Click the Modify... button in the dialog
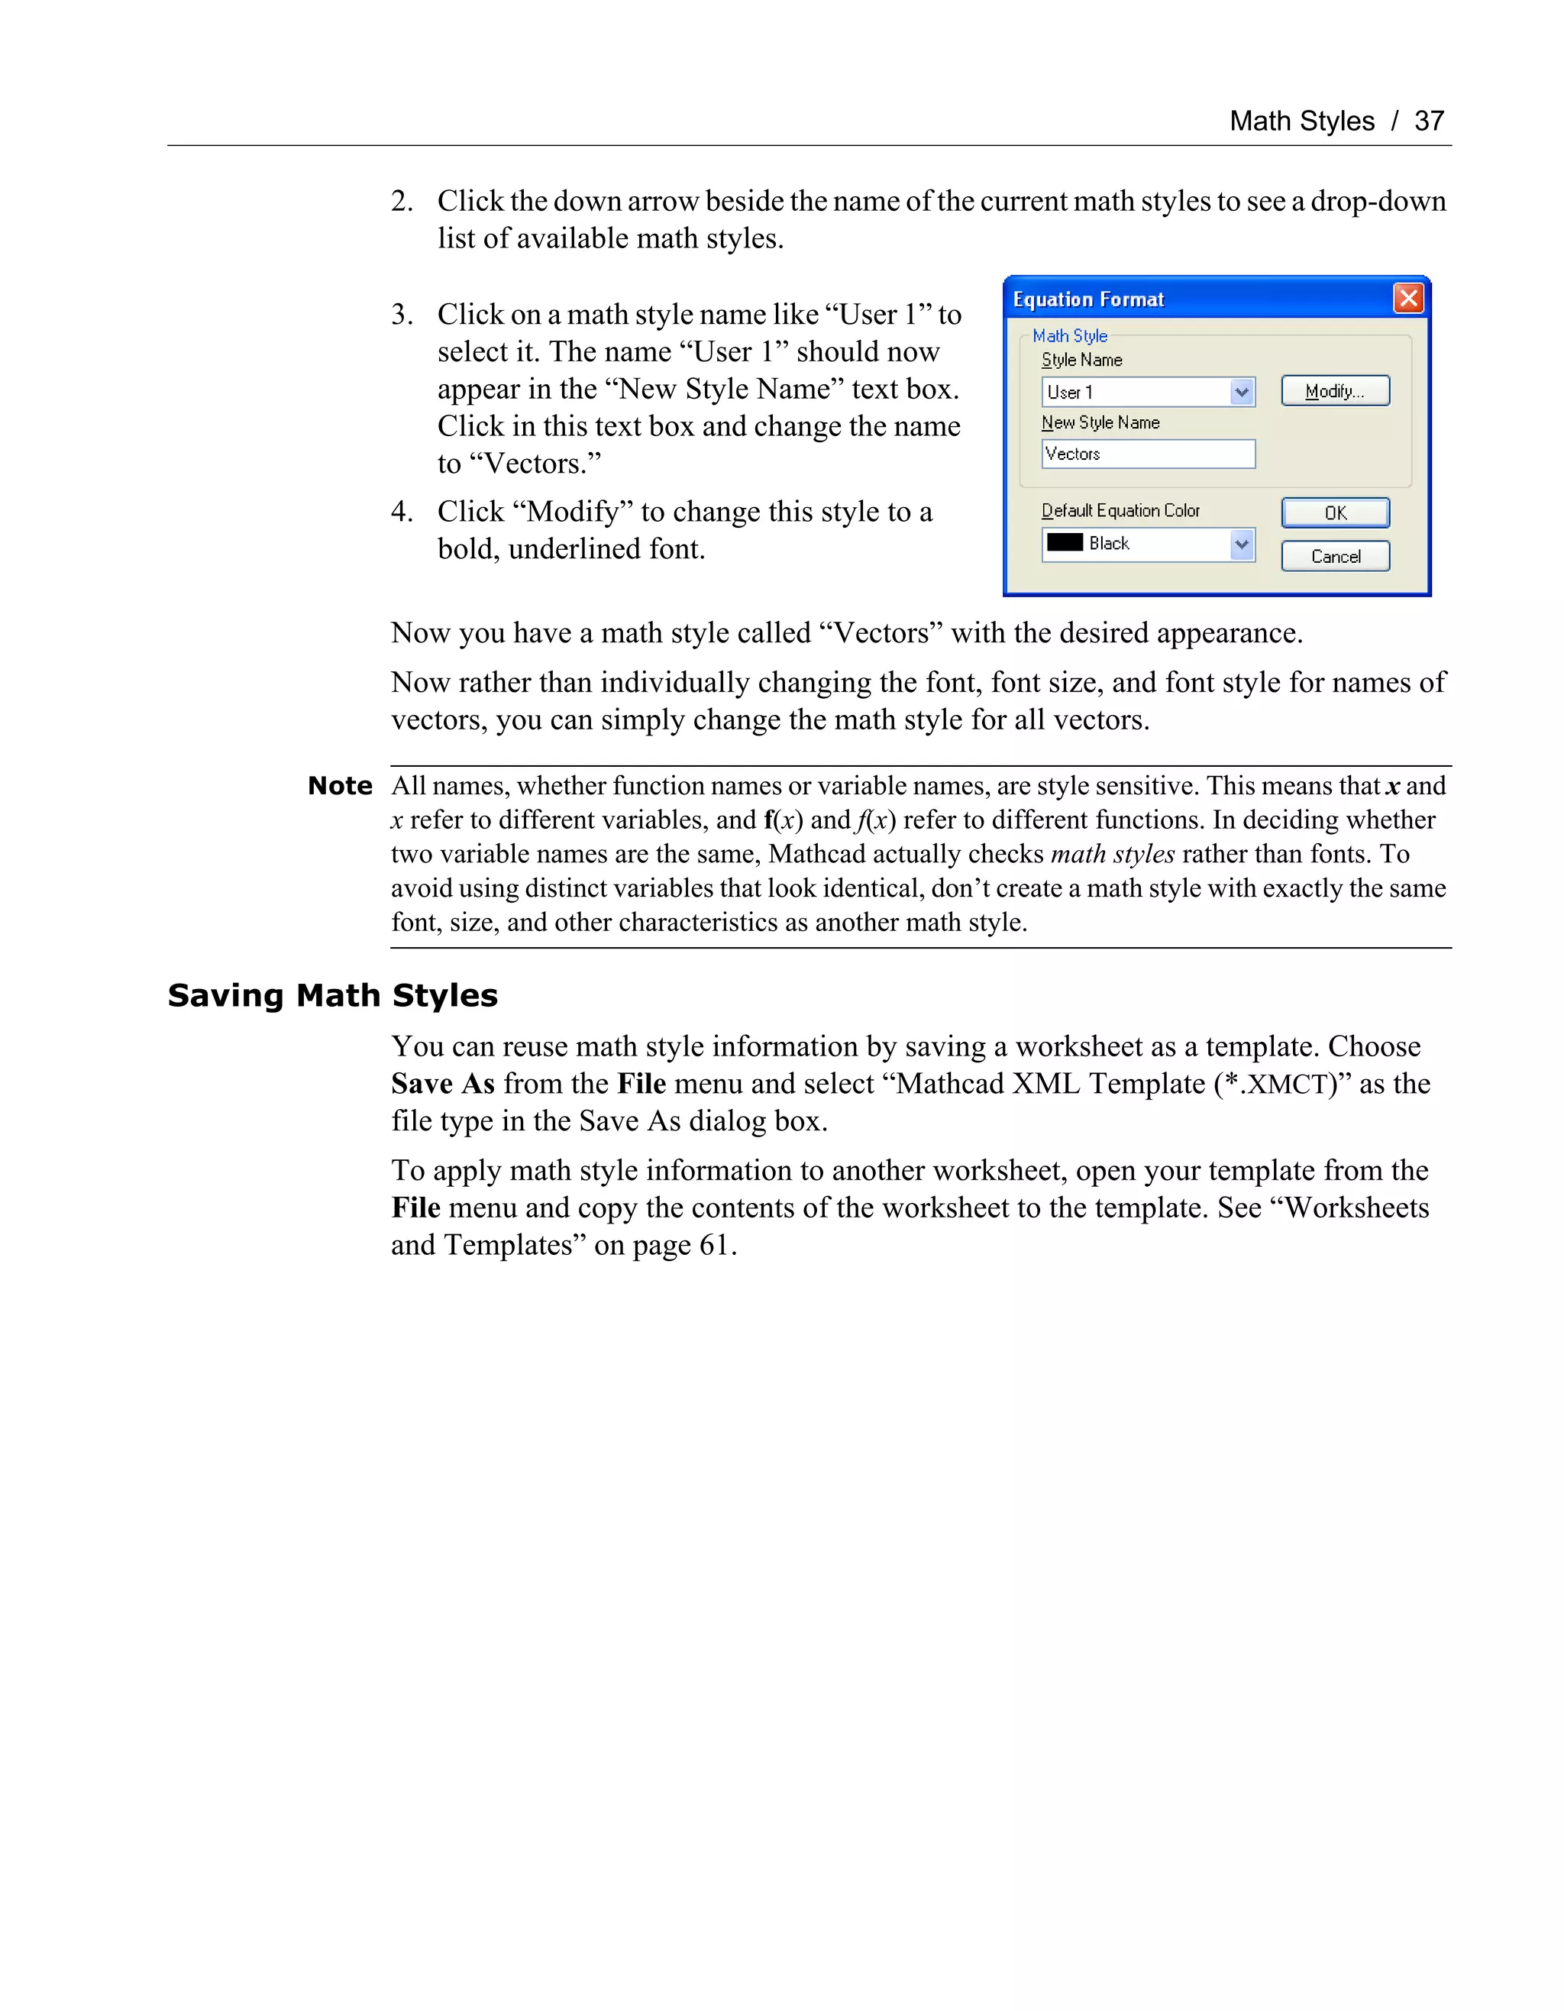click(x=1335, y=391)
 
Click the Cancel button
click(x=1335, y=556)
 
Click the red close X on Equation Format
click(x=1407, y=299)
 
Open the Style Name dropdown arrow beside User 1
click(x=1241, y=393)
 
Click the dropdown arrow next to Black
click(x=1241, y=545)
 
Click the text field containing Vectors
click(x=1147, y=454)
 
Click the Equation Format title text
click(x=1088, y=299)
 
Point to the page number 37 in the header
click(x=1429, y=121)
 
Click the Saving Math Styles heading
click(x=332, y=995)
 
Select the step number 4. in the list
click(x=402, y=512)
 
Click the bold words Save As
click(x=443, y=1084)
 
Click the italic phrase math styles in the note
click(x=1112, y=855)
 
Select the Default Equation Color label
click(x=1120, y=510)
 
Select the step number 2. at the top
click(x=402, y=202)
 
